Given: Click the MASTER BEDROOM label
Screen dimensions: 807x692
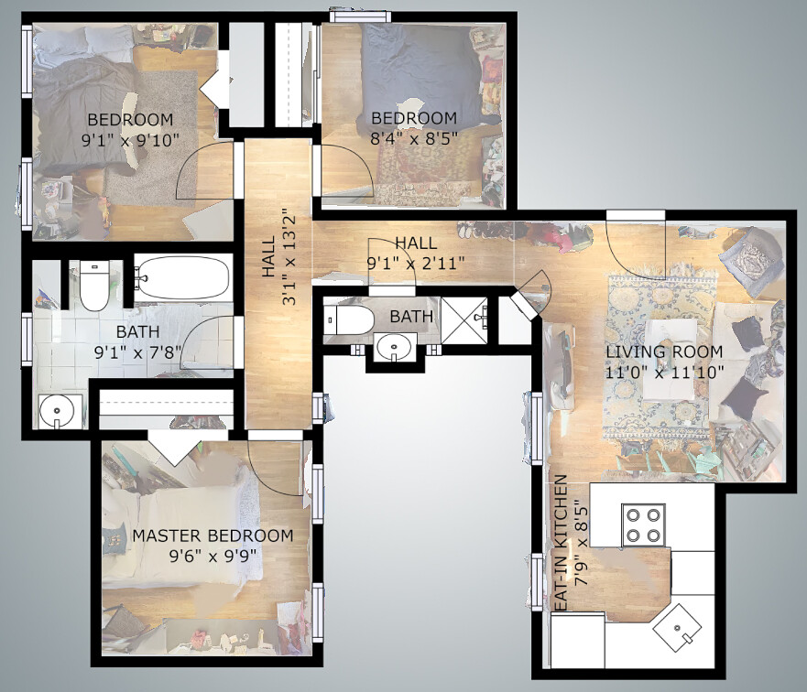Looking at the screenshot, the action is pyautogui.click(x=213, y=535).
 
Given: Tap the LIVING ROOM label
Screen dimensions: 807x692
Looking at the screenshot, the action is pyautogui.click(x=664, y=352).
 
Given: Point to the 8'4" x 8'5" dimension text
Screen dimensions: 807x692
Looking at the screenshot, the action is pyautogui.click(x=414, y=138).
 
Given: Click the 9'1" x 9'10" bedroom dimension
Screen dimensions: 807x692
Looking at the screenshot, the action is pyautogui.click(x=130, y=140).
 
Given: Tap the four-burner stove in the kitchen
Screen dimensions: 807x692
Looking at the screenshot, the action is pyautogui.click(x=643, y=524).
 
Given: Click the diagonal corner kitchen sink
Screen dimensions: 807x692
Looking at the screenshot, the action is pyautogui.click(x=677, y=628).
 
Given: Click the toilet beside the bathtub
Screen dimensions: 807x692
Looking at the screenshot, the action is pyautogui.click(x=94, y=286).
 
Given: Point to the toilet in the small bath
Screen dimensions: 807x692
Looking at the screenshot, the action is pyautogui.click(x=349, y=319).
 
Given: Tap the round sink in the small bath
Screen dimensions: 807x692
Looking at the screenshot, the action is pyautogui.click(x=394, y=348).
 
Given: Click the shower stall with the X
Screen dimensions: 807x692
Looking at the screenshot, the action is pyautogui.click(x=464, y=319).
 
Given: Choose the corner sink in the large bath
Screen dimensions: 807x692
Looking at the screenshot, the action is pyautogui.click(x=58, y=411).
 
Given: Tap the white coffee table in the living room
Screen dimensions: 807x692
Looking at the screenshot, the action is pyautogui.click(x=669, y=360).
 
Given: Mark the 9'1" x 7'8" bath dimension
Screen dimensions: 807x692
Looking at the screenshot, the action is pyautogui.click(x=138, y=352).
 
